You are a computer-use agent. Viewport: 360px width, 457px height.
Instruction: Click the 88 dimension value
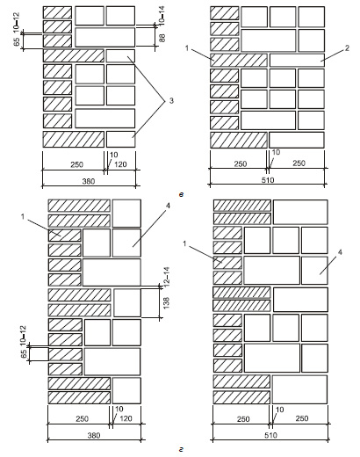point(162,38)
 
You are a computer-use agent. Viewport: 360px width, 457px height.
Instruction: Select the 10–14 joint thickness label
point(162,16)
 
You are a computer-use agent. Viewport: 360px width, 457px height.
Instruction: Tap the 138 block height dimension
point(166,303)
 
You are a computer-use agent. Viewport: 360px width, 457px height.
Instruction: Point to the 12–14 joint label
point(166,276)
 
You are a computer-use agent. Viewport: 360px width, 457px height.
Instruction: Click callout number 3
point(171,101)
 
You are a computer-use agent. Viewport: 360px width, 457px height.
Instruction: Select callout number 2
point(347,48)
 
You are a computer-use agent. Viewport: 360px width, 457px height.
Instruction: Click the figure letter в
point(181,194)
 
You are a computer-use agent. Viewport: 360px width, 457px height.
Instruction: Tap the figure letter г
point(182,449)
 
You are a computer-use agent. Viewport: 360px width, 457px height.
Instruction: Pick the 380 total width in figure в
point(89,181)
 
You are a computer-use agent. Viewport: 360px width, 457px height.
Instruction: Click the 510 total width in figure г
point(270,435)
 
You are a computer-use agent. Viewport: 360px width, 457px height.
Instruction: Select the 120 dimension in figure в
point(120,164)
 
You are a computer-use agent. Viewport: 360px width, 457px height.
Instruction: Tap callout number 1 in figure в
point(187,48)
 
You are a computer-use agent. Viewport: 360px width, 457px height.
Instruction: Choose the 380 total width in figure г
point(94,435)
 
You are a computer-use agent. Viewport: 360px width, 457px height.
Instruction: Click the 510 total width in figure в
point(268,180)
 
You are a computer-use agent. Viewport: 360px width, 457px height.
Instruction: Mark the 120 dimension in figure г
point(126,418)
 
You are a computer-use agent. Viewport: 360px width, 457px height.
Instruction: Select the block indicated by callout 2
point(297,60)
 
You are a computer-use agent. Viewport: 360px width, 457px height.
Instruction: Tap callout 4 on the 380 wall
point(168,206)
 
